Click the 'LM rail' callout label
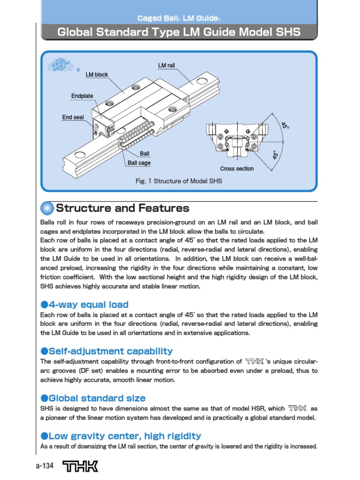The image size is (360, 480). [x=166, y=65]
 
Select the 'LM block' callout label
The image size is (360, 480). [x=97, y=75]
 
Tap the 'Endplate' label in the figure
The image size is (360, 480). [x=82, y=96]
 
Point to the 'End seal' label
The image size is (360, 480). [x=73, y=117]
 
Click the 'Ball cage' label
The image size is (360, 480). [x=139, y=163]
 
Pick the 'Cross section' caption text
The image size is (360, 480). [x=237, y=169]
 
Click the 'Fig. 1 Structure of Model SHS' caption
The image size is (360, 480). [x=179, y=181]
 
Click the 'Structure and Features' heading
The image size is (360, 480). [x=122, y=208]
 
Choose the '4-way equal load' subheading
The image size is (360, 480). [x=88, y=305]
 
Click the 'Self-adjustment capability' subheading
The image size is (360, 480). [x=110, y=351]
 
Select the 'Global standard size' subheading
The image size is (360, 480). [x=97, y=398]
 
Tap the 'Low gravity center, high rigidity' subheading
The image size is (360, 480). [x=124, y=436]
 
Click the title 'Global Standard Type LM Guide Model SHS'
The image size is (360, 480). [x=179, y=32]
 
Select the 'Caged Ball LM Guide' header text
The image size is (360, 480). [x=179, y=18]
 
